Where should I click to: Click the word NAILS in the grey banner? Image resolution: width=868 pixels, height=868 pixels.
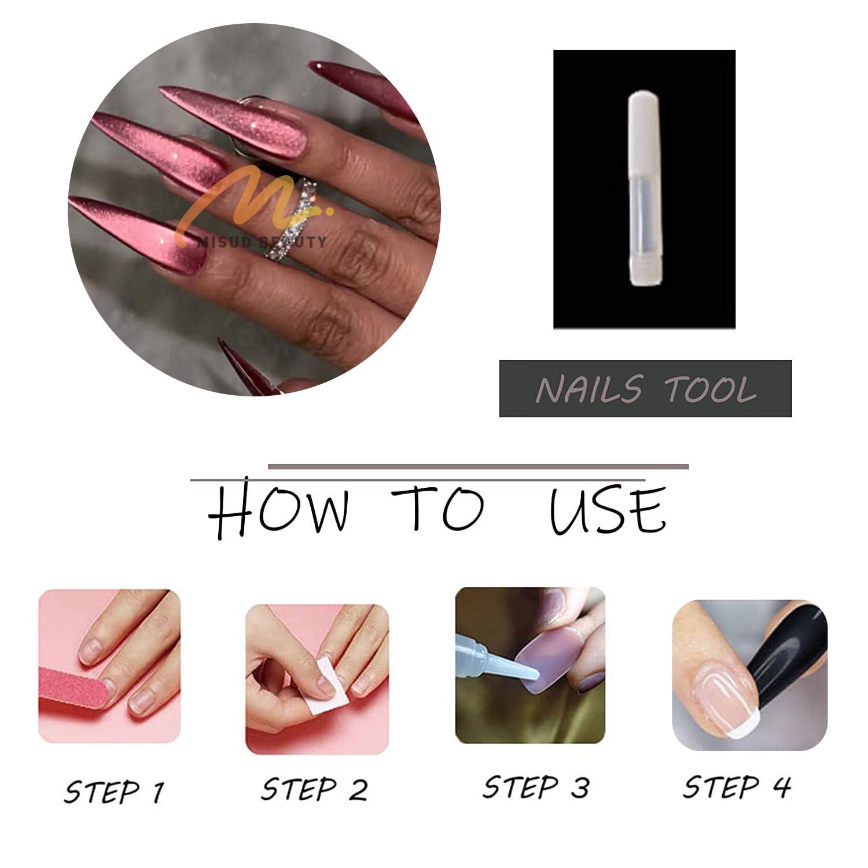[x=589, y=389]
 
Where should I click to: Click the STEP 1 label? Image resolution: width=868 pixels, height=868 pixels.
[x=114, y=791]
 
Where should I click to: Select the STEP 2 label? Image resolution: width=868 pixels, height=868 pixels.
[x=314, y=789]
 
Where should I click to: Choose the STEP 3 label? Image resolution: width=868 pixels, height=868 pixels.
[x=536, y=787]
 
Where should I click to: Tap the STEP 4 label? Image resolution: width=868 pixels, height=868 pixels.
[x=737, y=787]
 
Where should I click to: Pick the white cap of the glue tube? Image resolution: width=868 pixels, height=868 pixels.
[x=644, y=133]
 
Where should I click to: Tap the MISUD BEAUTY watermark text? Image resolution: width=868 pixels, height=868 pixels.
[x=262, y=241]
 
